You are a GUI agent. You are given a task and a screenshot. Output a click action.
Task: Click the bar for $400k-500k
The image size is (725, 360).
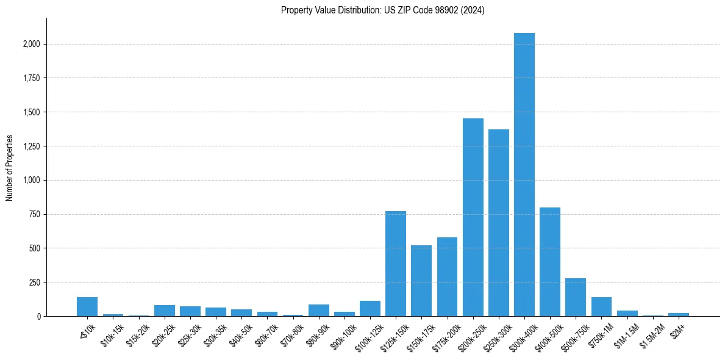pyautogui.click(x=550, y=262)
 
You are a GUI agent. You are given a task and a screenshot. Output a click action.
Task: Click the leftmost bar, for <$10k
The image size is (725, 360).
pyautogui.click(x=87, y=307)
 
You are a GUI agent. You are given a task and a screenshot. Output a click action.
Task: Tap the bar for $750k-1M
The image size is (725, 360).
pyautogui.click(x=601, y=307)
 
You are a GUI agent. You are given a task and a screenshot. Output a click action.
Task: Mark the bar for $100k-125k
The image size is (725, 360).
pyautogui.click(x=370, y=309)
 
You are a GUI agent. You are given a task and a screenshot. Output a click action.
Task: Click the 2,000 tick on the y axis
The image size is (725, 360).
pyautogui.click(x=32, y=45)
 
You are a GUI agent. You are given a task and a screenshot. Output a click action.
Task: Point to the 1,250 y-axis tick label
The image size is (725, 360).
pyautogui.click(x=32, y=146)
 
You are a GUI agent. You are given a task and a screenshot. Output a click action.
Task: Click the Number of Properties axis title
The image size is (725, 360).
pyautogui.click(x=10, y=167)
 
